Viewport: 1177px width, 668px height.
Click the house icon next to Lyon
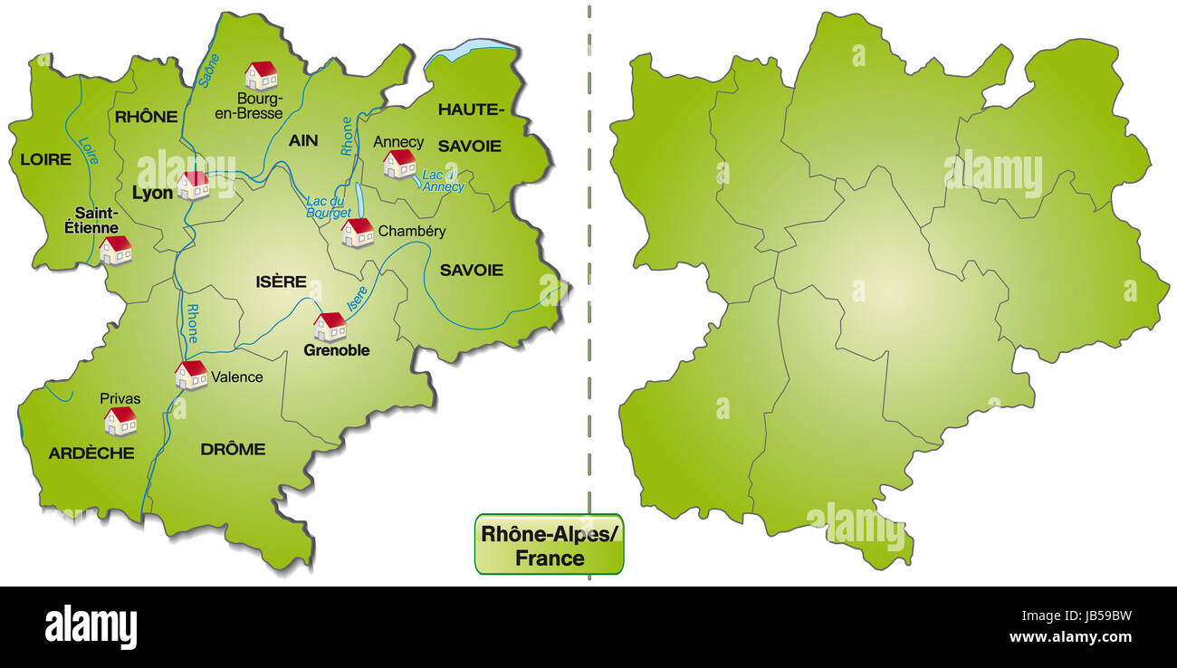(193, 185)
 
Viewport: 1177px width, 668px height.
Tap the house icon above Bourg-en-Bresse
(262, 75)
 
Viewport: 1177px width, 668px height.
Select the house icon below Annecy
(399, 164)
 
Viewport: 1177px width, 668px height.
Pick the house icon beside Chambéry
(358, 233)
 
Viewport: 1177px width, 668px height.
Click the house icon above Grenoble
(330, 327)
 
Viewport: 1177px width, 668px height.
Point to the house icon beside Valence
(191, 374)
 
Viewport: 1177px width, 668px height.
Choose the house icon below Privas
(120, 421)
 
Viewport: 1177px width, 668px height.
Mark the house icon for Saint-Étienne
(116, 250)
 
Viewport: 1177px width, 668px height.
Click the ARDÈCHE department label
(91, 453)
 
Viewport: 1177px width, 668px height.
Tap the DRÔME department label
(233, 449)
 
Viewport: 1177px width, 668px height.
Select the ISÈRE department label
(282, 282)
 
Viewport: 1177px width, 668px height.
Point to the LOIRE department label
(45, 159)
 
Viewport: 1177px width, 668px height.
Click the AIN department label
(303, 140)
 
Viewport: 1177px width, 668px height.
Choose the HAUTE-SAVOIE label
(470, 128)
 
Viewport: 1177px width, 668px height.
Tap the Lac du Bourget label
(329, 206)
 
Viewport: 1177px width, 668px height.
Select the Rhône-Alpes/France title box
(549, 545)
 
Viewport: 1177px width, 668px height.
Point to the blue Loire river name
(89, 150)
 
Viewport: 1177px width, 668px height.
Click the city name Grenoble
(337, 350)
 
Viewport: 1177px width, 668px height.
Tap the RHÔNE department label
(146, 116)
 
